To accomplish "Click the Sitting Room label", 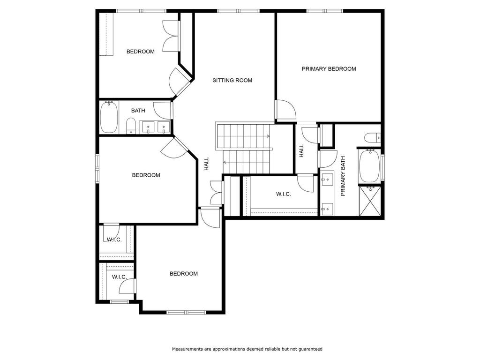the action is [232, 80].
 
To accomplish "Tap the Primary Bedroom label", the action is [329, 69].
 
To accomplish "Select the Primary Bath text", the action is [343, 176].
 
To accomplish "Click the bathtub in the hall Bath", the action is [109, 117].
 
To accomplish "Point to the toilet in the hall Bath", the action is [131, 126].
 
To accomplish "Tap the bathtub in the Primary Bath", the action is [369, 165].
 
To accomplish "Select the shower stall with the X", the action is [370, 201].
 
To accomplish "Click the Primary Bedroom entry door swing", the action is [286, 109].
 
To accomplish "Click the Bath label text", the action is [138, 111].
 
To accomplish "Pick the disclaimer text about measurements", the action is [247, 349].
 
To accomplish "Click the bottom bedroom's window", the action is [186, 312].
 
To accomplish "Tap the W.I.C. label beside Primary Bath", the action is [284, 194].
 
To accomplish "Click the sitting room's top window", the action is [239, 11].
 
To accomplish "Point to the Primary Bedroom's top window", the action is [325, 11].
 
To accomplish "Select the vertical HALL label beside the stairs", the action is [207, 164].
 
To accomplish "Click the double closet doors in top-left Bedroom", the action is [171, 36].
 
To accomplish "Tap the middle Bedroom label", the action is [146, 175].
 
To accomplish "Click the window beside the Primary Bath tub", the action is [382, 167].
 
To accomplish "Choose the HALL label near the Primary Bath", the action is [301, 150].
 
